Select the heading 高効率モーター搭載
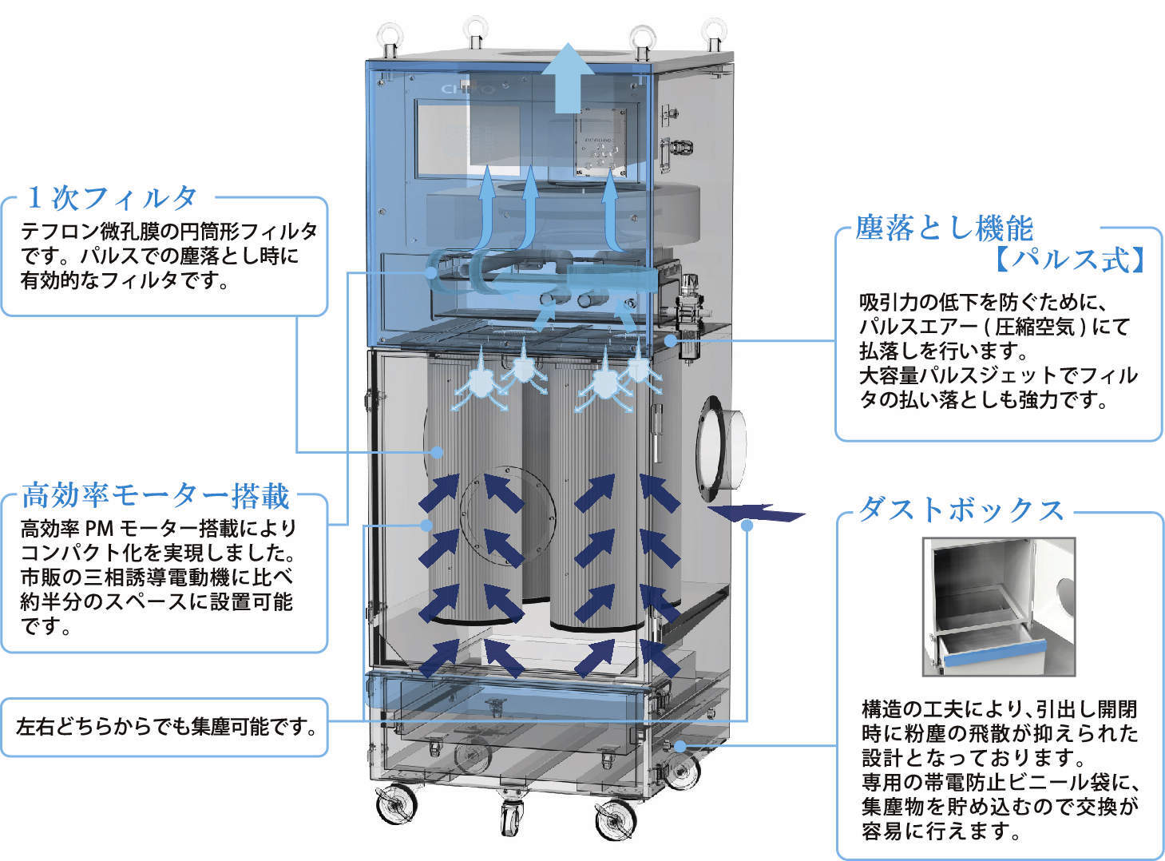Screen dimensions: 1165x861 coord(156,495)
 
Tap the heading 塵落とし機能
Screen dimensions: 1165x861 coord(945,228)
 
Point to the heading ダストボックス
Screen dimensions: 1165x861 coord(961,510)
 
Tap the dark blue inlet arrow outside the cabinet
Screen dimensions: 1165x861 coord(756,512)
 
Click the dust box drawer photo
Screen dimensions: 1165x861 coord(999,607)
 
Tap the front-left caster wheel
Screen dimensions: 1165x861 coord(397,803)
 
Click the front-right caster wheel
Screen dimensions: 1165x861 coord(616,819)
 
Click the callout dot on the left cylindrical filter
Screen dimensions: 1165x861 coord(437,452)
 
